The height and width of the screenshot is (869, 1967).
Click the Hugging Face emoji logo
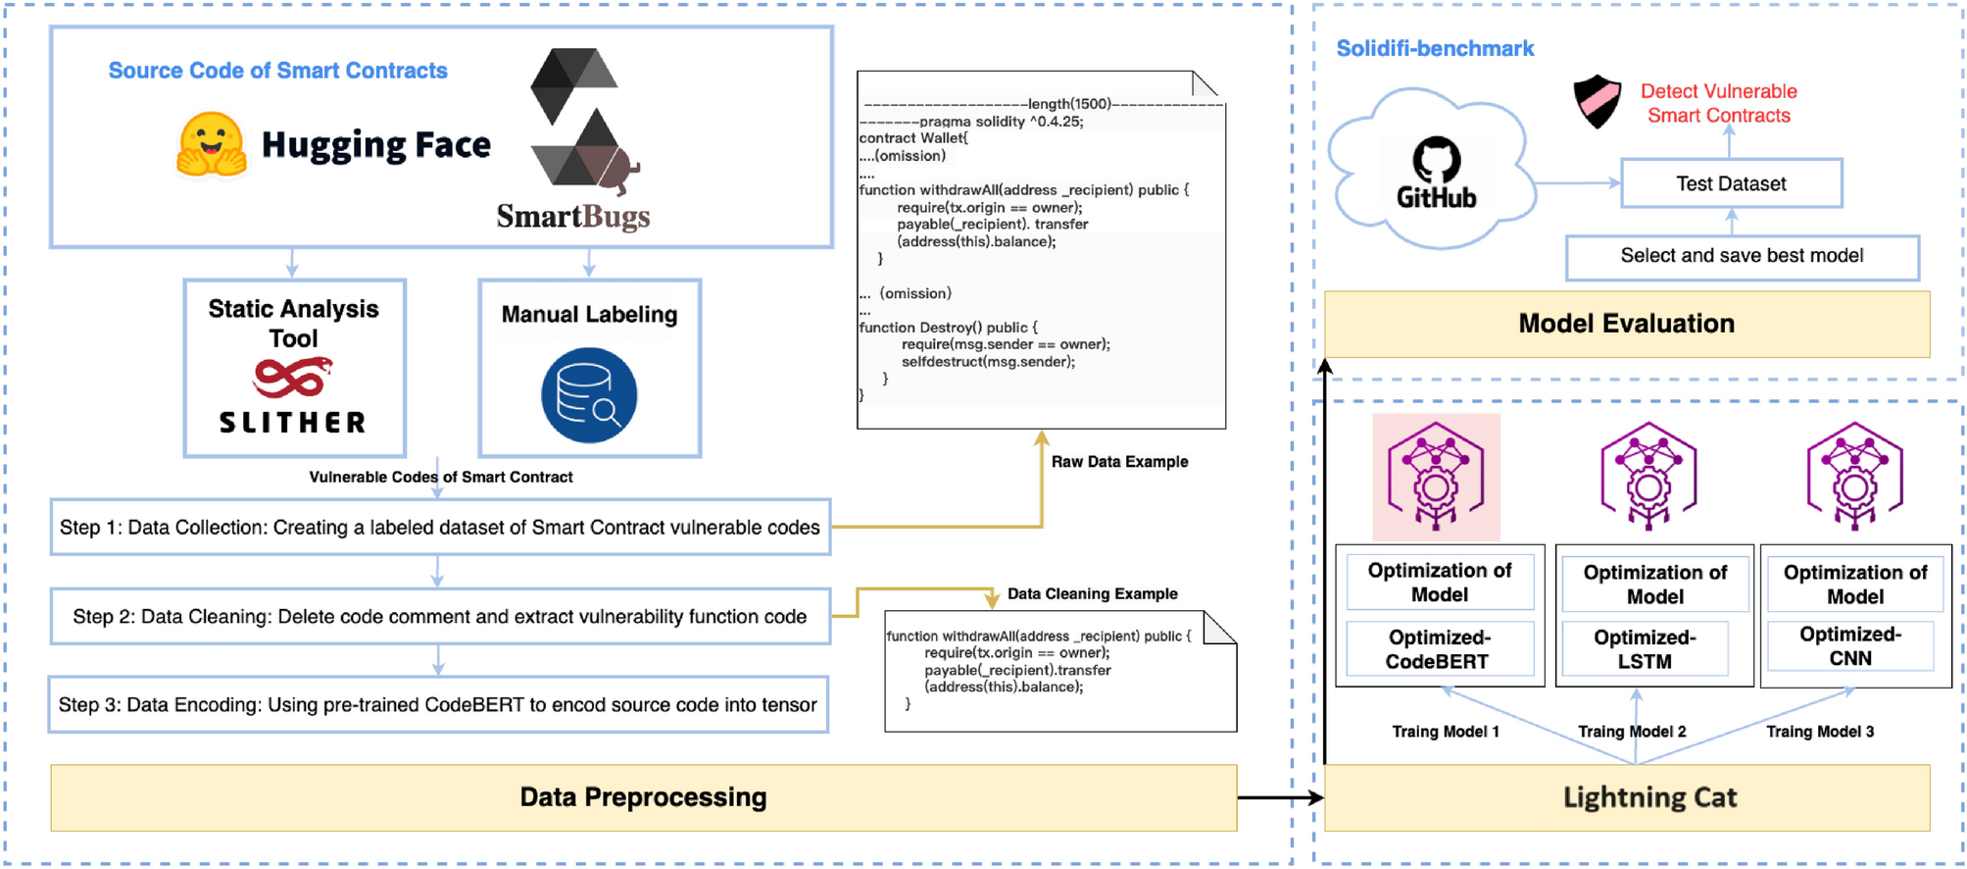(211, 143)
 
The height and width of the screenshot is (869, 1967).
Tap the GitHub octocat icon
(1436, 160)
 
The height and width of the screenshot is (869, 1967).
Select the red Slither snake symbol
(292, 378)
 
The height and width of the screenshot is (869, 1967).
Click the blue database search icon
(589, 395)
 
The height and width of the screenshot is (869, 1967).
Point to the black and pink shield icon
(1597, 101)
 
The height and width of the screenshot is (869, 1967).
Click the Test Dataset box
(1731, 183)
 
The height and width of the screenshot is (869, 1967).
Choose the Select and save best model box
(1742, 257)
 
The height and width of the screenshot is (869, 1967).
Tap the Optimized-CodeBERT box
(1439, 649)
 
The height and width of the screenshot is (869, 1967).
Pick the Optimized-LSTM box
(1645, 649)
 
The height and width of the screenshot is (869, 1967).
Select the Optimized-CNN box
(1850, 646)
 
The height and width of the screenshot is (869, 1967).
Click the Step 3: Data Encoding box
(438, 704)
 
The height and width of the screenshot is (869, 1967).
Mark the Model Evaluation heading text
(1626, 324)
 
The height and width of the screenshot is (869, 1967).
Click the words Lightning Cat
(1649, 797)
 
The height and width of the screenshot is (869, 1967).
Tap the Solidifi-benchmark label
(1435, 48)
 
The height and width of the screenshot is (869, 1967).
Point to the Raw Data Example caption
(1119, 462)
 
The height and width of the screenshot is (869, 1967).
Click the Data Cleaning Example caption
(1092, 593)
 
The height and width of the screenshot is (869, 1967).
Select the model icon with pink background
(1436, 477)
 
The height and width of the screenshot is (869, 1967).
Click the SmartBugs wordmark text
(573, 216)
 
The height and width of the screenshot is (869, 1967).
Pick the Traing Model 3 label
(1820, 732)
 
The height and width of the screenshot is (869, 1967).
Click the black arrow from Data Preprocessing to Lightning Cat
(1281, 797)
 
